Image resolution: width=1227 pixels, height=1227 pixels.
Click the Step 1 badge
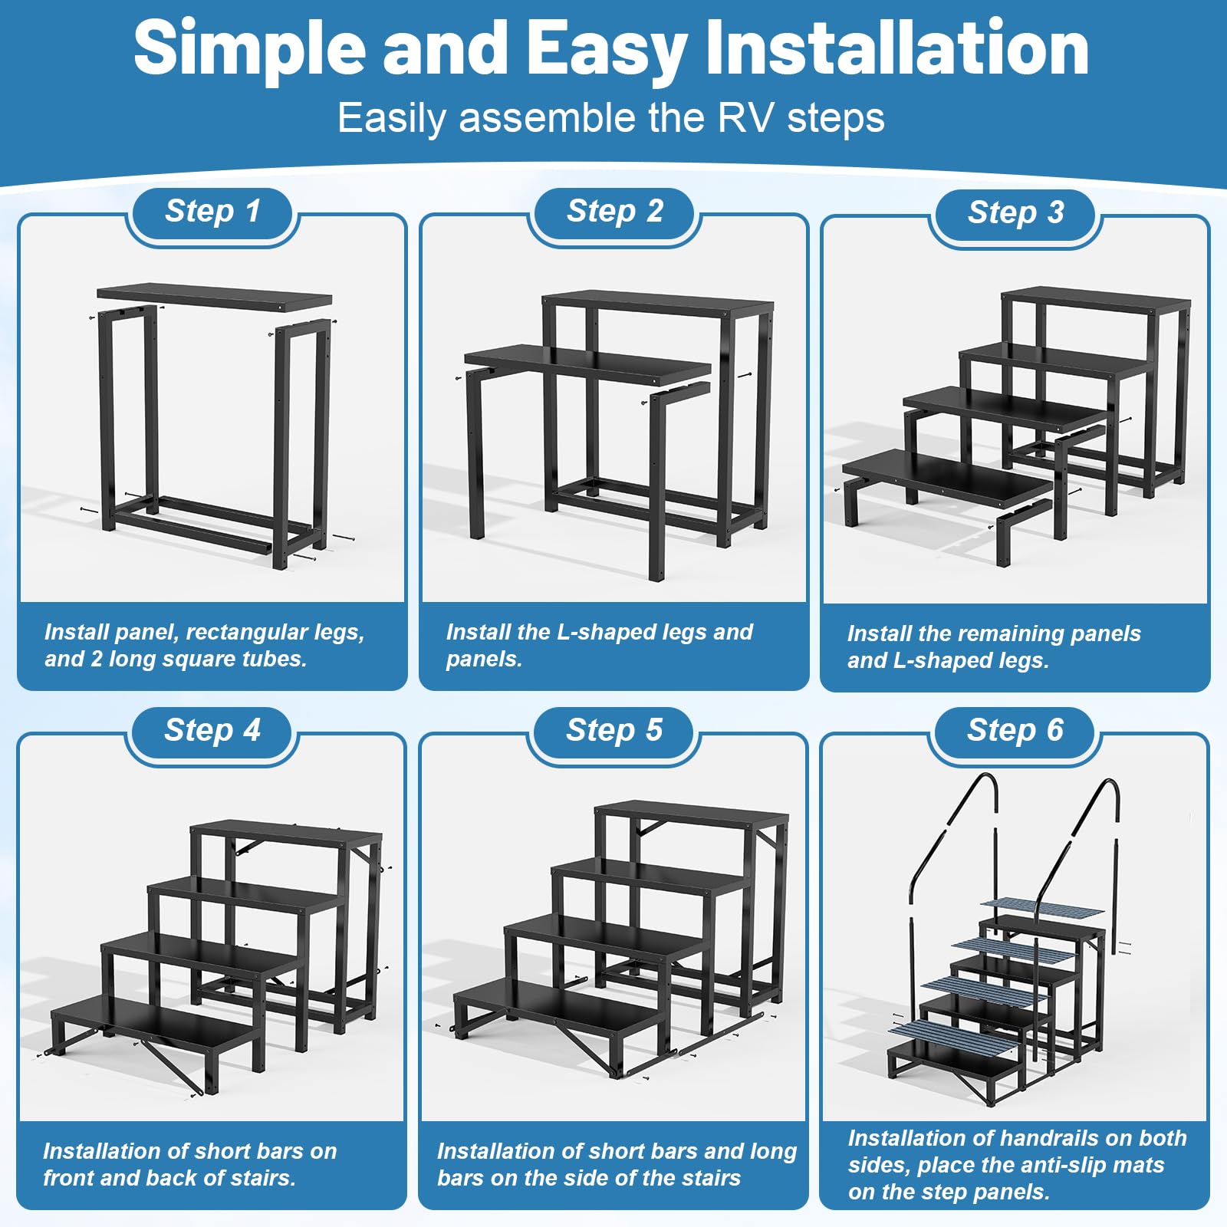pos(212,212)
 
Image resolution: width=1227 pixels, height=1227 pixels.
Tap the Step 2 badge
pos(614,212)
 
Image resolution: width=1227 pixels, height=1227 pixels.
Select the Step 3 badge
pos(1015,213)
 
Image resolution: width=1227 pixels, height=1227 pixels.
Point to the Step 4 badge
pos(212,731)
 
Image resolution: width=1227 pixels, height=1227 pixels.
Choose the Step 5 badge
pos(614,731)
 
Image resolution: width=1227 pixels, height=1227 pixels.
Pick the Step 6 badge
pos(1015,731)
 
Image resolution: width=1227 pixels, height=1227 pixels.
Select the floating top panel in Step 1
pos(215,297)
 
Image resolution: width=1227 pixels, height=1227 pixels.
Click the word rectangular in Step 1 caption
pos(252,632)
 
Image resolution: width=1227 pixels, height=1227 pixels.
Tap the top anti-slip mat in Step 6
pos(1043,908)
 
